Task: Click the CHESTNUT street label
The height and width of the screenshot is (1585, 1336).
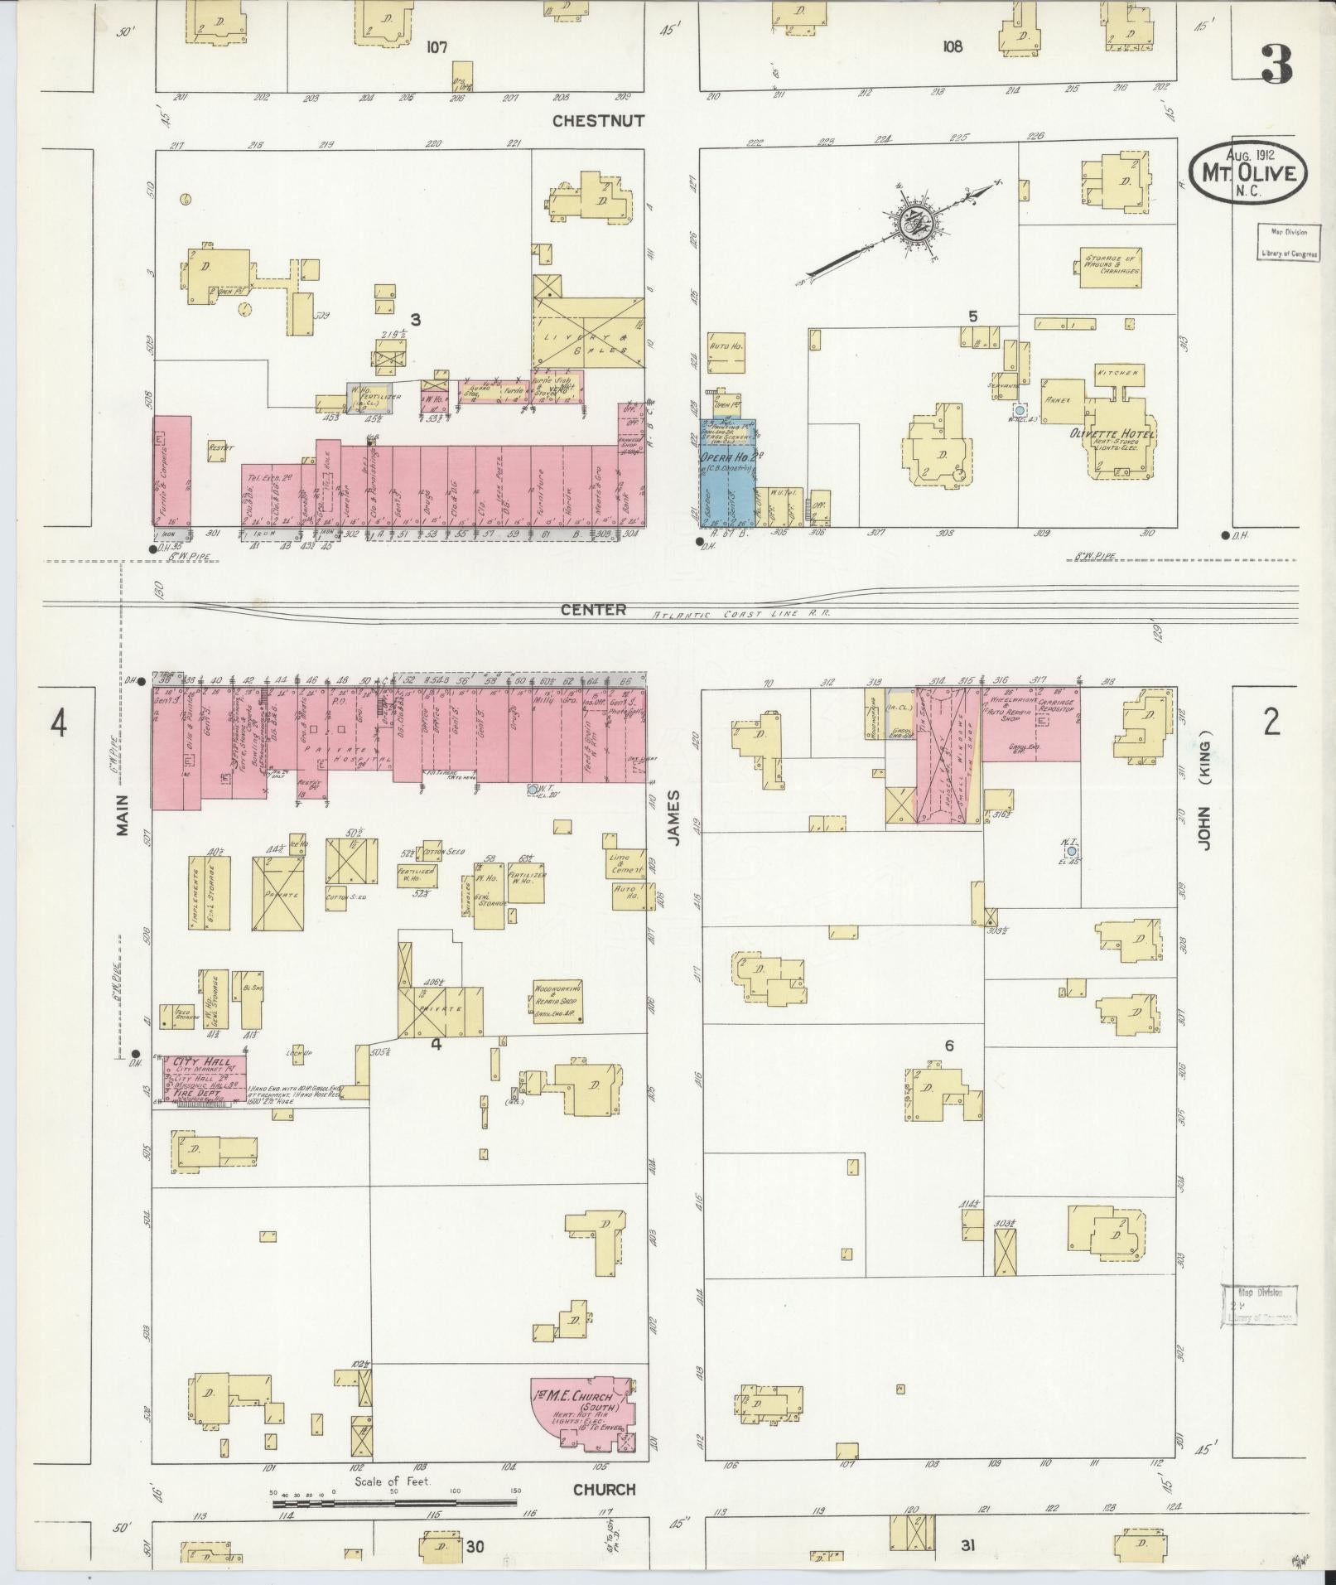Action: [x=598, y=121]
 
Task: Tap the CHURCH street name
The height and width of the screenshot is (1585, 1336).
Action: [x=605, y=1489]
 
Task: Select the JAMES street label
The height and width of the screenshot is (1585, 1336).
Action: [x=673, y=817]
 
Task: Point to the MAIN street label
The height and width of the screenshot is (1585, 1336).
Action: [x=123, y=814]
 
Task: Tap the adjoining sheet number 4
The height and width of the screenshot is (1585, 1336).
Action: [x=57, y=724]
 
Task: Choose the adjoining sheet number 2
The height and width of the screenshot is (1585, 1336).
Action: [x=1271, y=722]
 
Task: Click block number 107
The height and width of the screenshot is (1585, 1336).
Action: [x=436, y=47]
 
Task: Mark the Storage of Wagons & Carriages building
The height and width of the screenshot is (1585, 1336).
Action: [x=1112, y=266]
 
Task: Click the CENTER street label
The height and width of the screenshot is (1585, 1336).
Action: [x=592, y=610]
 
